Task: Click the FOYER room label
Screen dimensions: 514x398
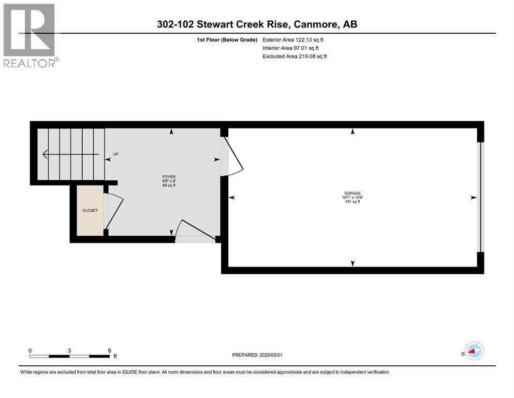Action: (x=169, y=177)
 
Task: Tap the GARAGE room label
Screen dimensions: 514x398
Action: (x=353, y=193)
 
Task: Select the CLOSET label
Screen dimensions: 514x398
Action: (x=90, y=210)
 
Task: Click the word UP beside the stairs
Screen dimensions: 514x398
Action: (x=115, y=154)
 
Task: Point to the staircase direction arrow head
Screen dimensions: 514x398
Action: (x=45, y=154)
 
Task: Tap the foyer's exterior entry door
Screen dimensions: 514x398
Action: (x=195, y=230)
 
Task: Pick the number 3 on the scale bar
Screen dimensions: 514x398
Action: (x=69, y=350)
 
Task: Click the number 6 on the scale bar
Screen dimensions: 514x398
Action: (x=110, y=350)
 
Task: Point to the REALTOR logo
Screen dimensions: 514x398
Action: (x=30, y=35)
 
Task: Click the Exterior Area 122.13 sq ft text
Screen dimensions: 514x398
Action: (x=293, y=40)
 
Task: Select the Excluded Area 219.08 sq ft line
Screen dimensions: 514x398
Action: (x=295, y=56)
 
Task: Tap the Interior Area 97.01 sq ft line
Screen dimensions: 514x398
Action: (x=291, y=48)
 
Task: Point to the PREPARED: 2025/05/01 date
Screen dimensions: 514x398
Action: (x=257, y=355)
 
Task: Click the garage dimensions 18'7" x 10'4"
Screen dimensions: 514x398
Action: (x=353, y=197)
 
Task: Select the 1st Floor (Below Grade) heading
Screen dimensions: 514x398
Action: (x=227, y=40)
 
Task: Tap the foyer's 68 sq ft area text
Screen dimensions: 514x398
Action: (x=169, y=186)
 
